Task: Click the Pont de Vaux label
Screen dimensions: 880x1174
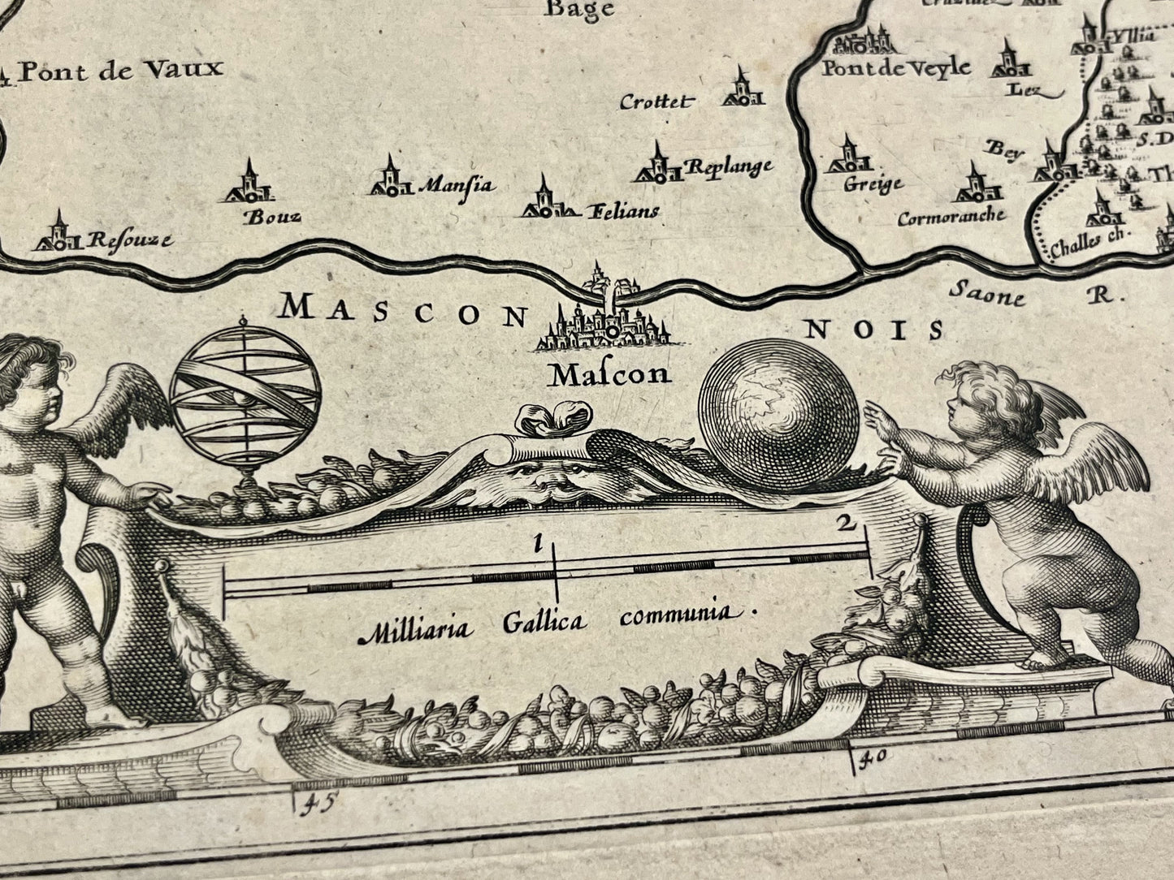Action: coord(120,71)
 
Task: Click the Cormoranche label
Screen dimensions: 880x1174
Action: coord(951,217)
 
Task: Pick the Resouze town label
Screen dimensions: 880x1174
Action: coord(130,240)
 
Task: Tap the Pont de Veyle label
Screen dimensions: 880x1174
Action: coord(895,67)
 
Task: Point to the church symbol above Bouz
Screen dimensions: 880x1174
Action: coord(249,183)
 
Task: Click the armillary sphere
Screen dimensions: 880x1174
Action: coord(245,393)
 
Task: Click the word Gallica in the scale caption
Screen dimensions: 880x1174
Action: coord(544,623)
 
